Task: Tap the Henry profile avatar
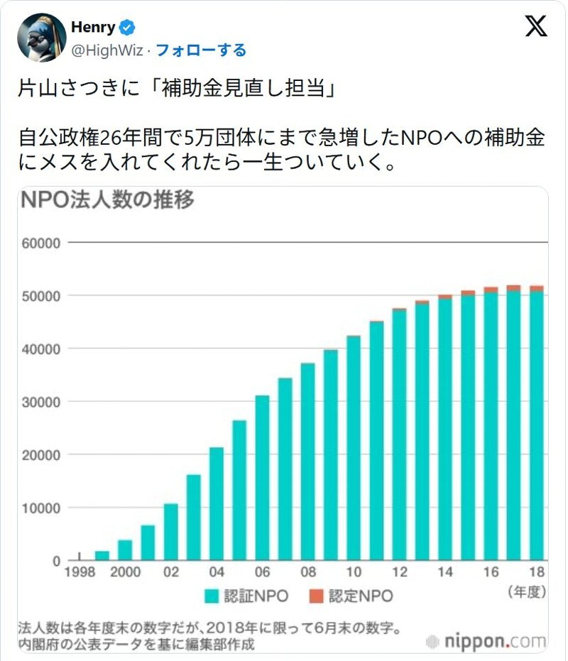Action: pos(40,38)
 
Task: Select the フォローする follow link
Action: pos(201,50)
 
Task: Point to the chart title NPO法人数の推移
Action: pos(107,200)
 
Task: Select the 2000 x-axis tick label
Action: pos(125,573)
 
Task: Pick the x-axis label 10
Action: pos(354,573)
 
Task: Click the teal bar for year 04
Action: pos(217,504)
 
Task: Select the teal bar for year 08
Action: pos(307,461)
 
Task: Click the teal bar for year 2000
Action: pos(125,550)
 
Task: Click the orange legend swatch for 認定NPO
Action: pos(316,595)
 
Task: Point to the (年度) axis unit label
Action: pos(526,591)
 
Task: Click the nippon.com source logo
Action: pos(486,640)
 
